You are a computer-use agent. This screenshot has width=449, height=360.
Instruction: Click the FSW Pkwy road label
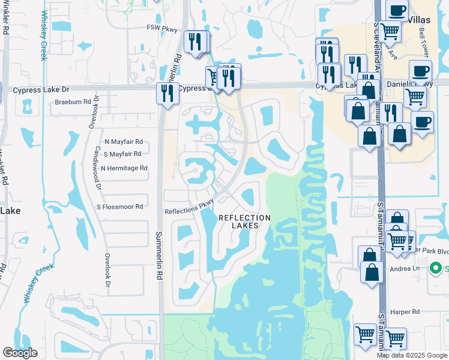[162, 28]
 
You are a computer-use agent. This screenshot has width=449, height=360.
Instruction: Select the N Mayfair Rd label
[123, 142]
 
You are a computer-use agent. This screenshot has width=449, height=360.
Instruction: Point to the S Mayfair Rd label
[123, 154]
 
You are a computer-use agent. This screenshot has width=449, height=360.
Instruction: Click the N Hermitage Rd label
[124, 169]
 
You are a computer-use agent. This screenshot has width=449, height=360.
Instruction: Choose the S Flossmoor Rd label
[120, 206]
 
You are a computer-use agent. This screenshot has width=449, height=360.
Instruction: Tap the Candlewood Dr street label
[98, 167]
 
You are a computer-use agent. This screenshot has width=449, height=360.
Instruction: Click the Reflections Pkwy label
[190, 207]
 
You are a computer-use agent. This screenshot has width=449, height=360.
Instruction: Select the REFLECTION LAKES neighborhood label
[244, 221]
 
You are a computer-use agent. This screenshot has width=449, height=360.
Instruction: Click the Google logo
[20, 353]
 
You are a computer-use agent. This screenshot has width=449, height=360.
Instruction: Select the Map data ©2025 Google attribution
[412, 355]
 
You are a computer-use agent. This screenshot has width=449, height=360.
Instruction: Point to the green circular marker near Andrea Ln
[440, 268]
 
